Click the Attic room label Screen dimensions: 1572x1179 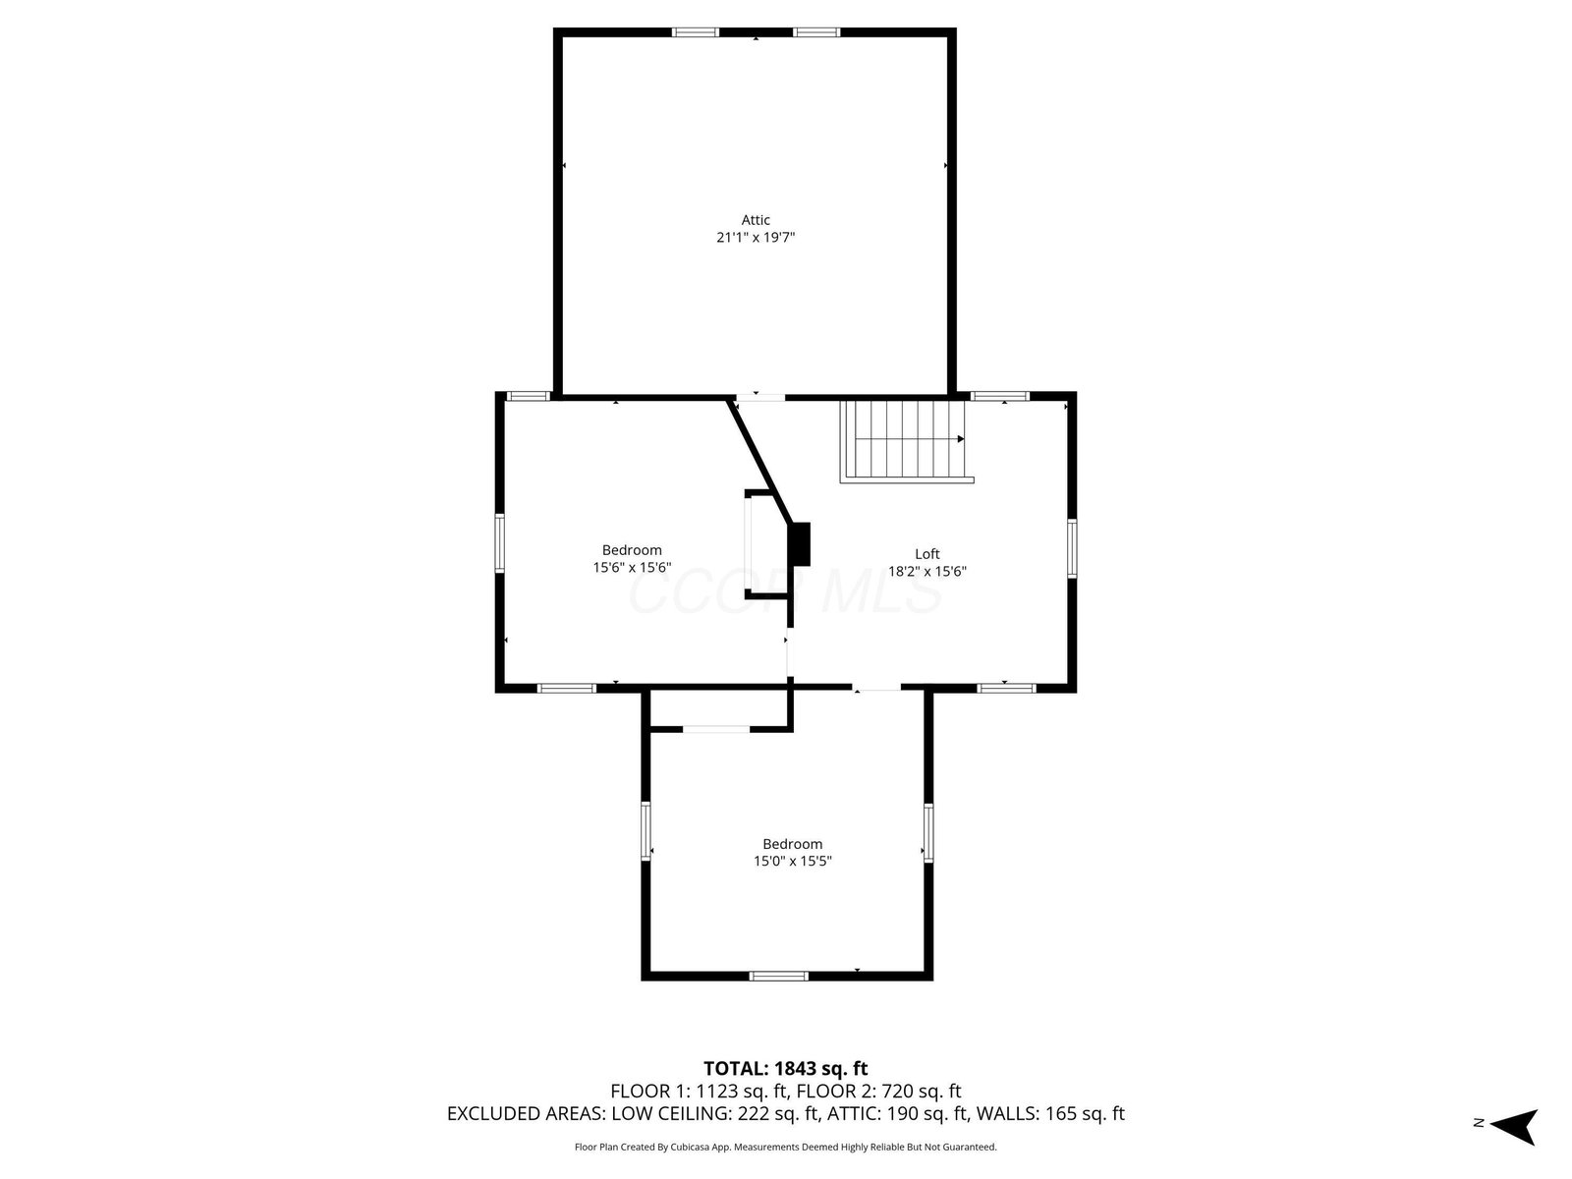756,220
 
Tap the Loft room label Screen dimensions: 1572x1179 926,553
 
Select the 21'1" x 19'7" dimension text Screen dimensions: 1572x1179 756,237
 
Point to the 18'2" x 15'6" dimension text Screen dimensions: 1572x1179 926,571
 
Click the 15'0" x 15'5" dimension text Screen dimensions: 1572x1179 792,862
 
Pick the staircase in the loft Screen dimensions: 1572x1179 907,441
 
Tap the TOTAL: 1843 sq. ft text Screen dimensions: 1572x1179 785,1069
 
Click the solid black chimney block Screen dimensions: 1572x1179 799,544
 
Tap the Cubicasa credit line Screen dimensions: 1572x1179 786,1147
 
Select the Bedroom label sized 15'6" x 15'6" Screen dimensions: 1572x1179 632,550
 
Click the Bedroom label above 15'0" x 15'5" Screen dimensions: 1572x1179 792,844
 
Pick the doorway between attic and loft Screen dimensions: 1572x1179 760,397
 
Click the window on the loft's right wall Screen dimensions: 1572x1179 1072,548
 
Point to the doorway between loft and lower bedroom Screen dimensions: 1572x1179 876,688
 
